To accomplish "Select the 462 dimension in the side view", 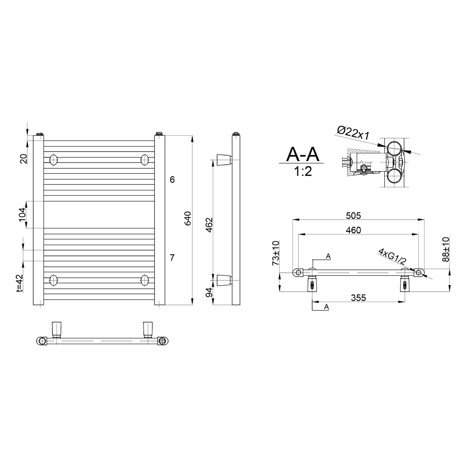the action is (209, 225).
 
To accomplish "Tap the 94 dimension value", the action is (209, 292).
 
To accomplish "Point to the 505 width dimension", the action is (353, 216).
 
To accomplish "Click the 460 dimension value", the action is (353, 230).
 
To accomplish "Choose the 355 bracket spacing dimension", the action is (358, 298).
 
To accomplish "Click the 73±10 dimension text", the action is (276, 253).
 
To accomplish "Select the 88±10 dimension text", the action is (445, 249).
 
